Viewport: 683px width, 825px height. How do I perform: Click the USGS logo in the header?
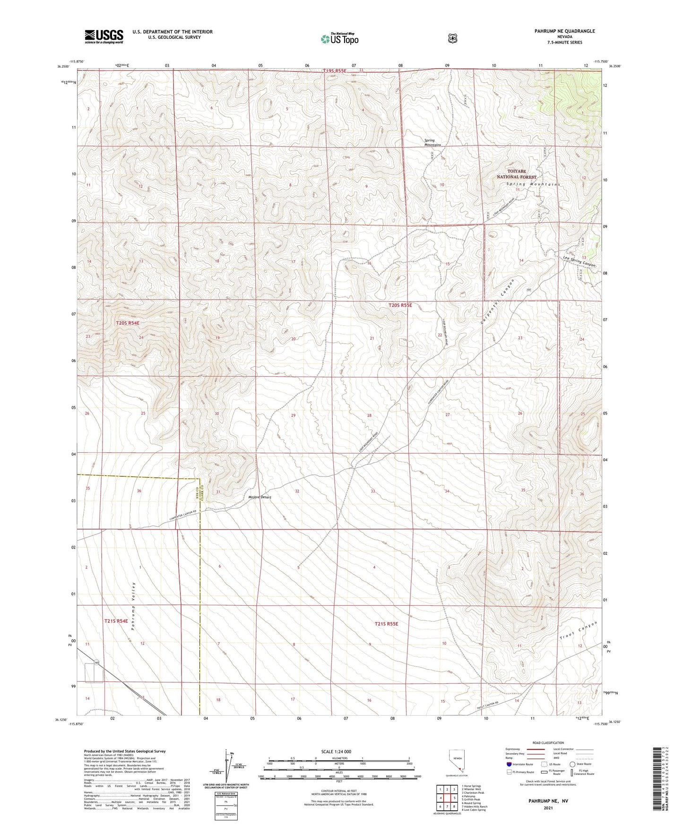pyautogui.click(x=104, y=36)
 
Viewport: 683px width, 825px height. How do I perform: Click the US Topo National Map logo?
pyautogui.click(x=339, y=38)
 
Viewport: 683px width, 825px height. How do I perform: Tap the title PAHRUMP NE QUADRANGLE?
pyautogui.click(x=558, y=31)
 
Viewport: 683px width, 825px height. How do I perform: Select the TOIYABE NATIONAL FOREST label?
pyautogui.click(x=516, y=173)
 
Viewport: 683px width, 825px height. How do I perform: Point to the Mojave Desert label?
pyautogui.click(x=259, y=498)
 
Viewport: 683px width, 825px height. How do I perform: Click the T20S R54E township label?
pyautogui.click(x=128, y=323)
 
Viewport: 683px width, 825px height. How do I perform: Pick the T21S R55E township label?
pyautogui.click(x=386, y=624)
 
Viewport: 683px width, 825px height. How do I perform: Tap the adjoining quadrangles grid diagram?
pyautogui.click(x=447, y=798)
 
